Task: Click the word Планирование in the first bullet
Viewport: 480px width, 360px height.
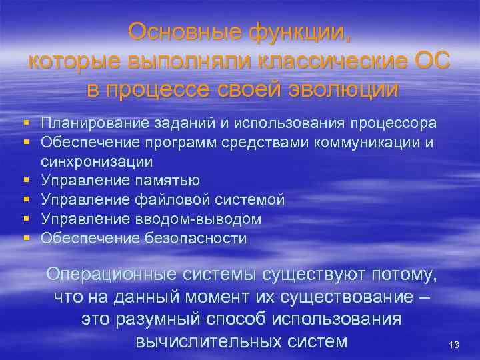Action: click(x=91, y=123)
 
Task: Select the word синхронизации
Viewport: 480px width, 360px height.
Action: click(x=97, y=161)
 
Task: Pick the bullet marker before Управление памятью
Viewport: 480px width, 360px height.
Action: click(x=25, y=181)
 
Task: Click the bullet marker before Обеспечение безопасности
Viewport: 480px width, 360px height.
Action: click(x=25, y=238)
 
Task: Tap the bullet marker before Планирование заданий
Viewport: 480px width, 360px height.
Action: click(x=25, y=123)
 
